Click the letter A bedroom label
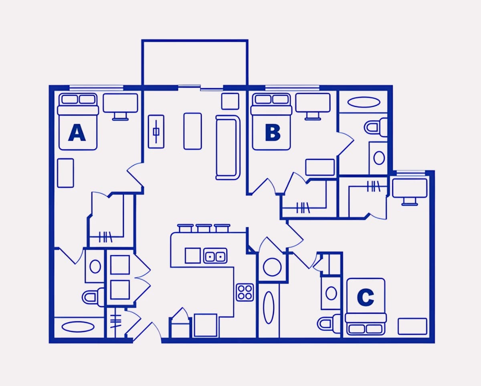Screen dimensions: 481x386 [x=77, y=133]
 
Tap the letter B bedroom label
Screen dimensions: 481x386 [x=273, y=133]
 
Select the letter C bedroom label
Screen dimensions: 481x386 [x=366, y=297]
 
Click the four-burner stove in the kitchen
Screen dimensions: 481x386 [x=245, y=292]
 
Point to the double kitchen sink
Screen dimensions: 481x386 [x=215, y=256]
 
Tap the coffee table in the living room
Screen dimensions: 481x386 [x=193, y=131]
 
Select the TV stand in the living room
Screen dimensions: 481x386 [x=156, y=131]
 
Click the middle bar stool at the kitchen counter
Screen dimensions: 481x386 [x=204, y=228]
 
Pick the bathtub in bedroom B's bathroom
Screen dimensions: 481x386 [x=364, y=102]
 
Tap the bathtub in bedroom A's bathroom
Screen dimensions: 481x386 [x=78, y=327]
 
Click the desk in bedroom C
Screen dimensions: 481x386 [x=410, y=192]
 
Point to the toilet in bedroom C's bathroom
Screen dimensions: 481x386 [x=329, y=323]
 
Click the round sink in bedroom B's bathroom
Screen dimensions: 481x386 [x=379, y=158]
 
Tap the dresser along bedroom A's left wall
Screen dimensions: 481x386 [x=65, y=173]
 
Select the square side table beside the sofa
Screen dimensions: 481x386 [x=230, y=101]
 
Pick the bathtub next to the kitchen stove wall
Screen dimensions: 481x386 [x=269, y=307]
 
